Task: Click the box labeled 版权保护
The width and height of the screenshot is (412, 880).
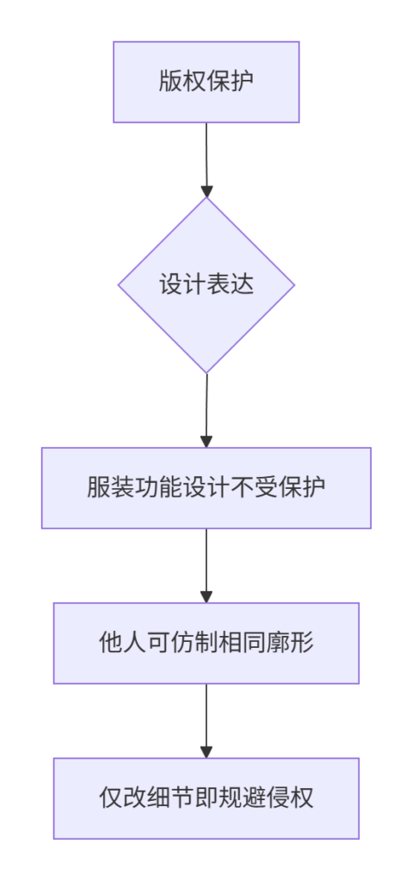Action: [x=206, y=82]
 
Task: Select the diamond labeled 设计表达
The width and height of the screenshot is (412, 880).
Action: [x=206, y=285]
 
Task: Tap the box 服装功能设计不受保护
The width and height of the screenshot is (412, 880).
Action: [x=206, y=488]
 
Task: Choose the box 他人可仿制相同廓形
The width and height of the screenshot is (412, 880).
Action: [x=206, y=643]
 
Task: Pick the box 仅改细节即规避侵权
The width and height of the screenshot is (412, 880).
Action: [x=206, y=798]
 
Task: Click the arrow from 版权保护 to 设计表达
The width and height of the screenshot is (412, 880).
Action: [x=206, y=160]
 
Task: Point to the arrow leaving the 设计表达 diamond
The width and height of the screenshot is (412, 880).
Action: [x=206, y=411]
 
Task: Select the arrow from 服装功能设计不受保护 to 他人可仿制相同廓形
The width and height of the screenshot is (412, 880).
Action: [x=206, y=565]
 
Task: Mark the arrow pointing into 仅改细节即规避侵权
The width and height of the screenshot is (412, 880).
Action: [x=206, y=721]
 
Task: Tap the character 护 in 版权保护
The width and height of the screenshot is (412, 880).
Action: [x=243, y=82]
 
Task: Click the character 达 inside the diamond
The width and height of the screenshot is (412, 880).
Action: [x=243, y=285]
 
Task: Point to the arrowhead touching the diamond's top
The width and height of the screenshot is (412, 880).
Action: [x=206, y=190]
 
